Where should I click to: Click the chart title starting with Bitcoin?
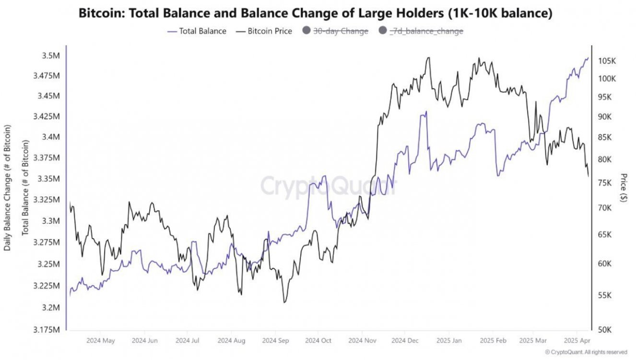pyautogui.click(x=315, y=13)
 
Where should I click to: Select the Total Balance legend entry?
pyautogui.click(x=197, y=31)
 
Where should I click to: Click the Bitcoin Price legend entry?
pyautogui.click(x=264, y=31)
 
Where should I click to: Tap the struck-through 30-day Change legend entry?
pyautogui.click(x=335, y=31)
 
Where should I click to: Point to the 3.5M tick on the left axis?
pyautogui.click(x=50, y=56)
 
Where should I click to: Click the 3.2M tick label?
pyautogui.click(x=50, y=307)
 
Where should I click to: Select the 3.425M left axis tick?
pyautogui.click(x=47, y=117)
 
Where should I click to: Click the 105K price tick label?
pyautogui.click(x=607, y=61)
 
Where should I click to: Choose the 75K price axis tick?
pyautogui.click(x=605, y=183)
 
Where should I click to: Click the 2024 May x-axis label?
pyautogui.click(x=101, y=341)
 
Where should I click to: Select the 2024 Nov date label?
pyautogui.click(x=363, y=341)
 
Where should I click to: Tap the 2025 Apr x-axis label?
pyautogui.click(x=577, y=341)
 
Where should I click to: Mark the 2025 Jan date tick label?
pyautogui.click(x=449, y=341)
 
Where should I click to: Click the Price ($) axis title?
pyautogui.click(x=623, y=188)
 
